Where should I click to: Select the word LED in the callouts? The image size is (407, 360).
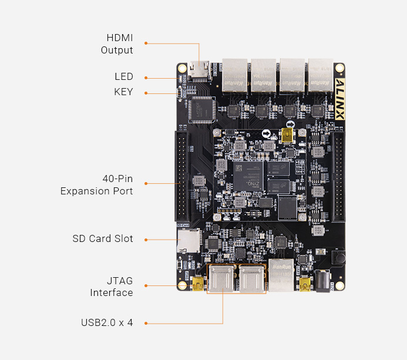pyautogui.click(x=123, y=77)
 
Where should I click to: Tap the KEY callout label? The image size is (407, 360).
pyautogui.click(x=123, y=92)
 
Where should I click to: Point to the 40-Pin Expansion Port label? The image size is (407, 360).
pyautogui.click(x=97, y=184)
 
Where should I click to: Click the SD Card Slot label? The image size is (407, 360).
pyautogui.click(x=103, y=239)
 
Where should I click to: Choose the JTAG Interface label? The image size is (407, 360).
pyautogui.click(x=112, y=287)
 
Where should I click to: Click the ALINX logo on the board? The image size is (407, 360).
pyautogui.click(x=339, y=99)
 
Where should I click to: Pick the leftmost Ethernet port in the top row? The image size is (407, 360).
pyautogui.click(x=234, y=76)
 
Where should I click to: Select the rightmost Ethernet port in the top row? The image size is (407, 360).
pyautogui.click(x=321, y=76)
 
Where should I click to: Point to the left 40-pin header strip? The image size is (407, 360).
pyautogui.click(x=181, y=176)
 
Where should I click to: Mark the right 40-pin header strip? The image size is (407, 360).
pyautogui.click(x=339, y=176)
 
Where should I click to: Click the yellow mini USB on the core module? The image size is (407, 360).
pyautogui.click(x=288, y=136)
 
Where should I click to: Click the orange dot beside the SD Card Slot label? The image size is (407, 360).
pyautogui.click(x=146, y=239)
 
